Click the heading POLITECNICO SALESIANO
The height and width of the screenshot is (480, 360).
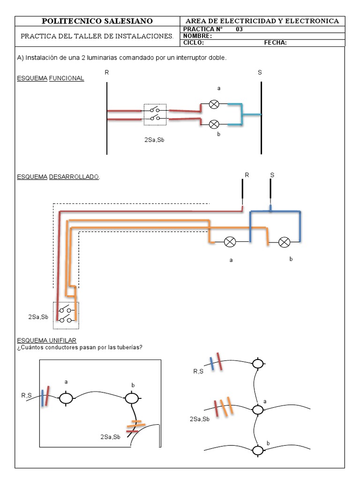point(97,21)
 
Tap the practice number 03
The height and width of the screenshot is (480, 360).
point(239,29)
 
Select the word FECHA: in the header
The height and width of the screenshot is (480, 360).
point(275,43)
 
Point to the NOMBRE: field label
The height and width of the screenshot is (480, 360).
point(197,36)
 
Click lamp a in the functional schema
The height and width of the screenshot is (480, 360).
point(214,105)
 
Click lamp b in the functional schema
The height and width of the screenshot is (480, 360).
point(214,124)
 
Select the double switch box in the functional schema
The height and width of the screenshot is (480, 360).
point(155,114)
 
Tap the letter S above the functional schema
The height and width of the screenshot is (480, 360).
point(260,73)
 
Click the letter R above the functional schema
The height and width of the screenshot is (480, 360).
point(106,73)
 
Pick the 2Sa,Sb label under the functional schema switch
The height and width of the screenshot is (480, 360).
point(154,140)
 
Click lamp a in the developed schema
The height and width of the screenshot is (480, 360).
point(230,242)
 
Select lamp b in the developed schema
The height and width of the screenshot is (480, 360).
point(284,242)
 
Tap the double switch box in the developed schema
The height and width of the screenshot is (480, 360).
point(66,315)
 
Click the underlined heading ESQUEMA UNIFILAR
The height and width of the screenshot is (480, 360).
point(46,340)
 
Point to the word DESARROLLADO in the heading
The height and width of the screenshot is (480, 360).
point(74,177)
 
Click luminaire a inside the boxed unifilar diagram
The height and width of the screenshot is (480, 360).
point(66,398)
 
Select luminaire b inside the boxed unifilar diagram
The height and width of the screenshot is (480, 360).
point(132,398)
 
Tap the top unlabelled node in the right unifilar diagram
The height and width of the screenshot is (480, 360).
point(258,364)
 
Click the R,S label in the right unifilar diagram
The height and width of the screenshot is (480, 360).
point(198,371)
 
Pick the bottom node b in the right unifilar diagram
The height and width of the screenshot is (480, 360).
point(258,450)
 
